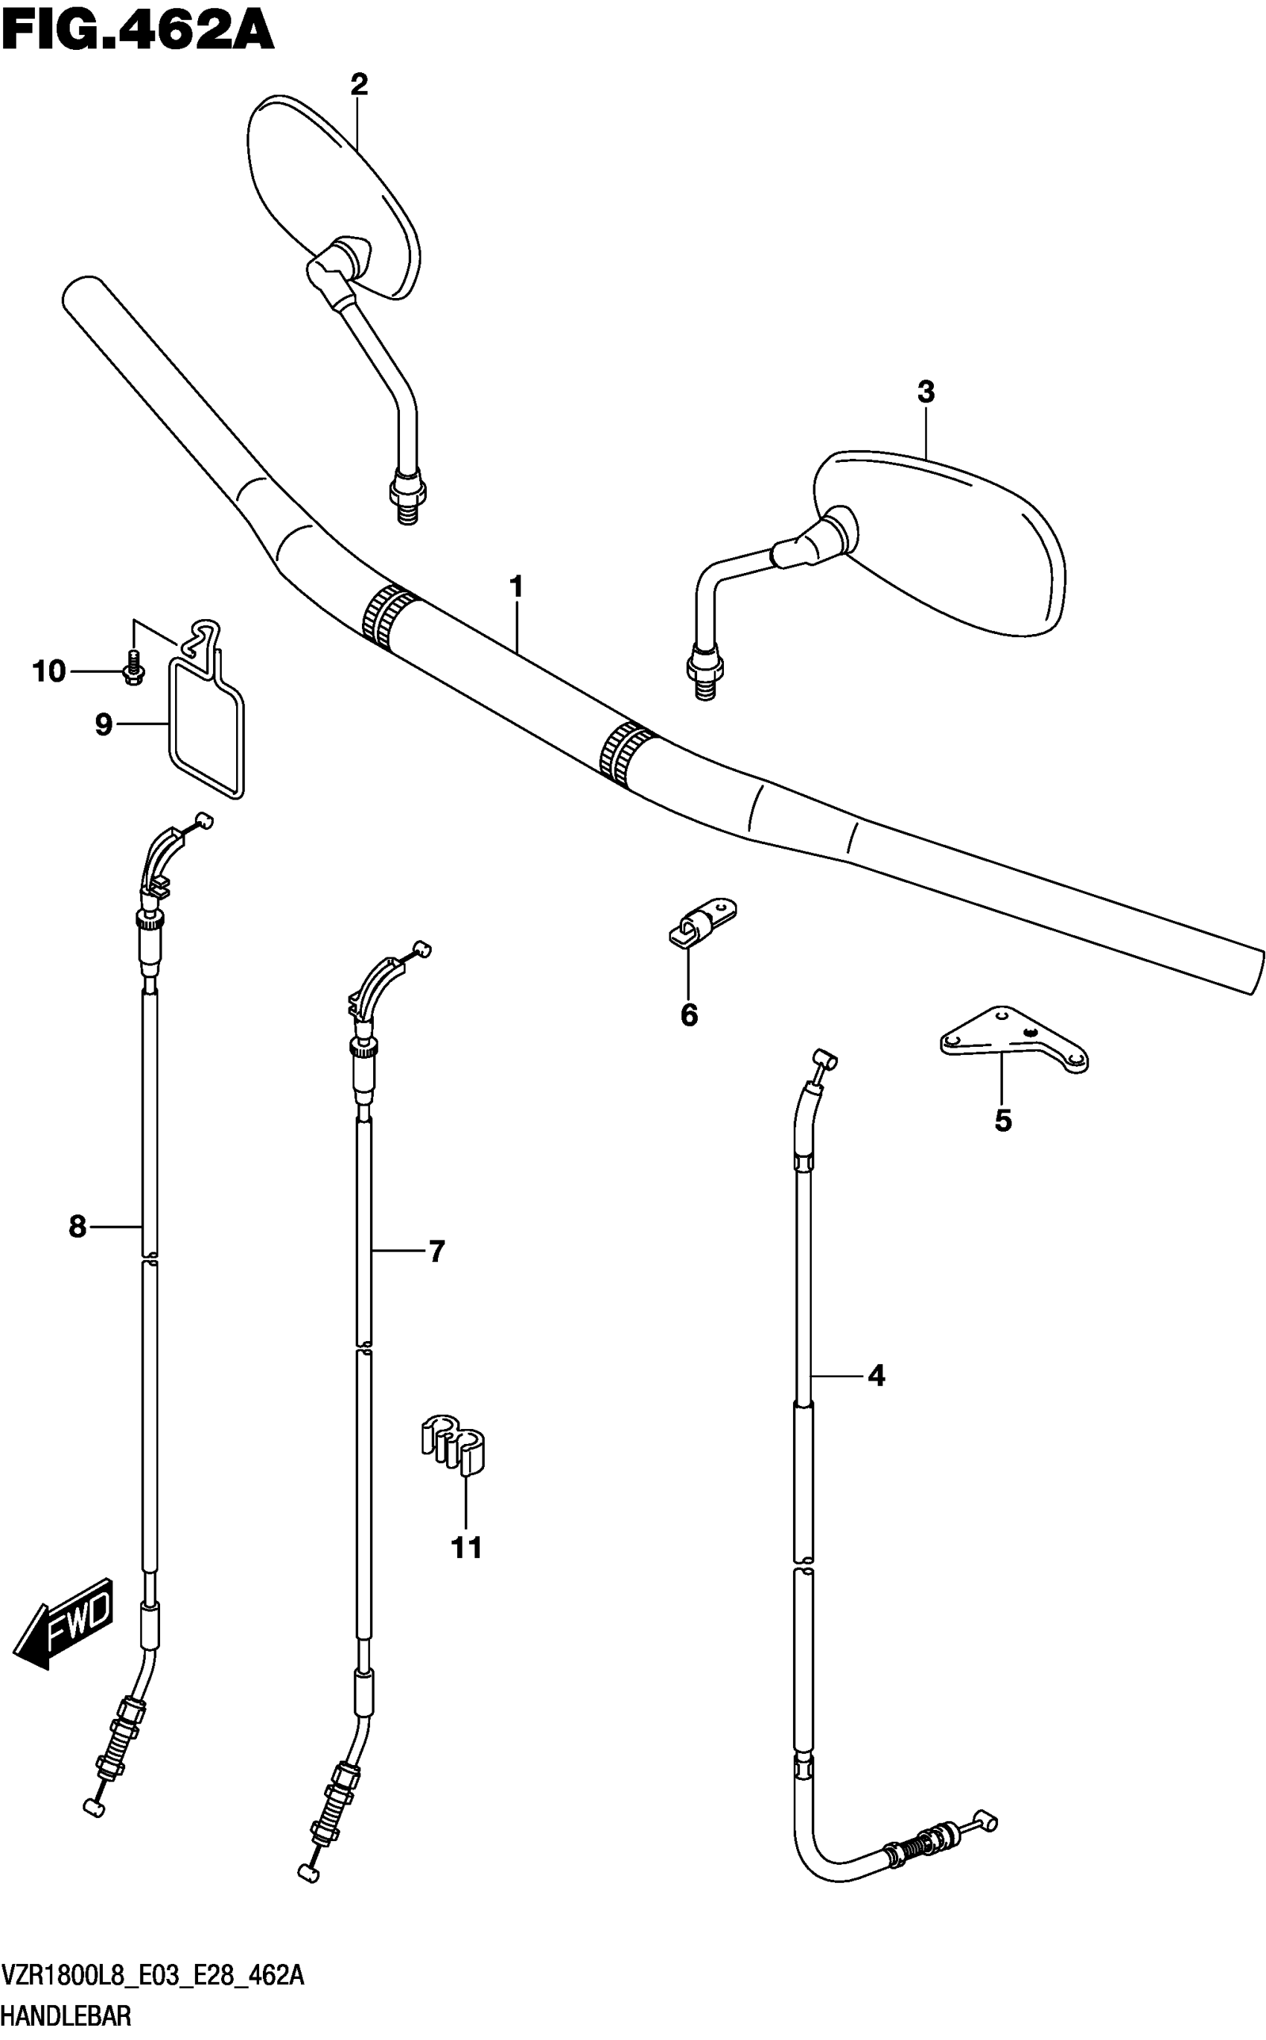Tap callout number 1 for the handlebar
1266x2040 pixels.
[517, 587]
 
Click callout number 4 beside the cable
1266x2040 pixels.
[876, 1375]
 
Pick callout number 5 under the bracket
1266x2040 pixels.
[1003, 1120]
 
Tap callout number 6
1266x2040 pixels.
[688, 1015]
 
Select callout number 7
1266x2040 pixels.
[436, 1251]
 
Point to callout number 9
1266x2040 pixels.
[103, 723]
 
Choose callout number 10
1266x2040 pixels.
[48, 671]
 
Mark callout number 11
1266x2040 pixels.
[466, 1548]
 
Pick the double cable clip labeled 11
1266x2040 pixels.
[454, 1444]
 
